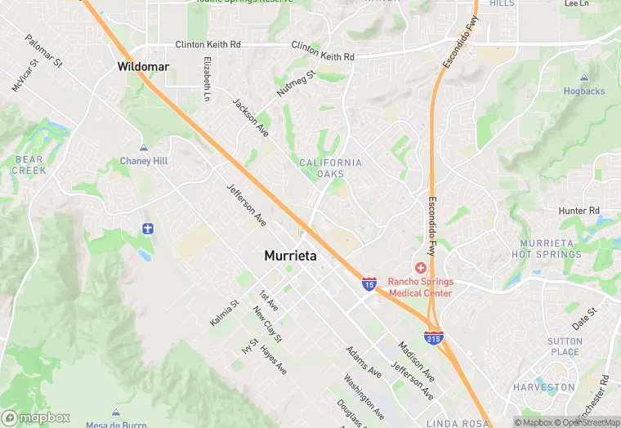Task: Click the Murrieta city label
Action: click(290, 256)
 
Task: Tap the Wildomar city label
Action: click(143, 66)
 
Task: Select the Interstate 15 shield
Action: click(369, 284)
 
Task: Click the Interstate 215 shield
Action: click(434, 337)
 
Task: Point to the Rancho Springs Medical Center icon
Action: click(421, 268)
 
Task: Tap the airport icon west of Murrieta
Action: click(147, 228)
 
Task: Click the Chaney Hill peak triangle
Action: click(144, 148)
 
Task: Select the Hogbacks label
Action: click(584, 91)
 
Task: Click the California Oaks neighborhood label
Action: click(330, 168)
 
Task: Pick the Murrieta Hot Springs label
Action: click(552, 249)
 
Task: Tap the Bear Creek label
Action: click(29, 165)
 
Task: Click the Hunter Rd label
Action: click(579, 211)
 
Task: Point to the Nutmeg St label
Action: click(296, 83)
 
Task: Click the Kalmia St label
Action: click(224, 313)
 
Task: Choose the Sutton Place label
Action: click(565, 346)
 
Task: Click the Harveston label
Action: click(543, 387)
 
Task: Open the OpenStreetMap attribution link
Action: click(586, 422)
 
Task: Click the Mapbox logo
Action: click(36, 417)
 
